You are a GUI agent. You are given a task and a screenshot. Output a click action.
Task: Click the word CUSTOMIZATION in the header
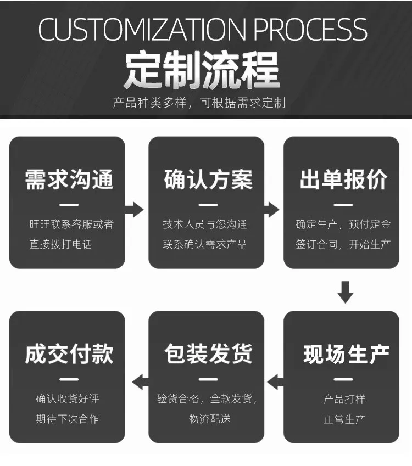142,29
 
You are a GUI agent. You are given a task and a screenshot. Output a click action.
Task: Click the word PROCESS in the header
310,29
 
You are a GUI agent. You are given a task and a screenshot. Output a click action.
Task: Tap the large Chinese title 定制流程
202,70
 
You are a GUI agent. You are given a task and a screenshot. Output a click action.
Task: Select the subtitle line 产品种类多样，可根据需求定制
199,103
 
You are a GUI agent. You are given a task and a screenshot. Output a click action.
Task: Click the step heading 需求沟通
69,179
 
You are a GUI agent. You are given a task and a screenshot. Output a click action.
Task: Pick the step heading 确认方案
208,179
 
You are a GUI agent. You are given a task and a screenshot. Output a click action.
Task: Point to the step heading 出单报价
343,179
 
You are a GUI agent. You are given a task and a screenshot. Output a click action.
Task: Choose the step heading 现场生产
346,354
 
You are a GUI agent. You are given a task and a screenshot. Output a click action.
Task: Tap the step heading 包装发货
208,353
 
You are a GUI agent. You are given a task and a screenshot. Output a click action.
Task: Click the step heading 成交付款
69,353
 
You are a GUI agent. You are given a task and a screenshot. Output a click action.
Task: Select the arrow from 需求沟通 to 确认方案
135,210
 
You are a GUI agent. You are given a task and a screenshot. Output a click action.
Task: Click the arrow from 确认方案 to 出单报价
271,210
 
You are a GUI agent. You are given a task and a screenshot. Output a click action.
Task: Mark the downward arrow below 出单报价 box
346,292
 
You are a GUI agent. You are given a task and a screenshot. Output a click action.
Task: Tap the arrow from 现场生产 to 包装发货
275,382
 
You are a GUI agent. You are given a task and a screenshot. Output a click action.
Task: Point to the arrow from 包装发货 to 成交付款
141,382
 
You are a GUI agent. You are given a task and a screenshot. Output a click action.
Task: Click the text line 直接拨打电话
61,244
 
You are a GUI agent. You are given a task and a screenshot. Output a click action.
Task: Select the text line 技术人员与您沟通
205,224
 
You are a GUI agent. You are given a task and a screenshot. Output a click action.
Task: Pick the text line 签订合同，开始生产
343,244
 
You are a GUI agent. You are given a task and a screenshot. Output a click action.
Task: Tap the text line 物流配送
210,419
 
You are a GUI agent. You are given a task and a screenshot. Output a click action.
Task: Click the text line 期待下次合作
68,419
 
